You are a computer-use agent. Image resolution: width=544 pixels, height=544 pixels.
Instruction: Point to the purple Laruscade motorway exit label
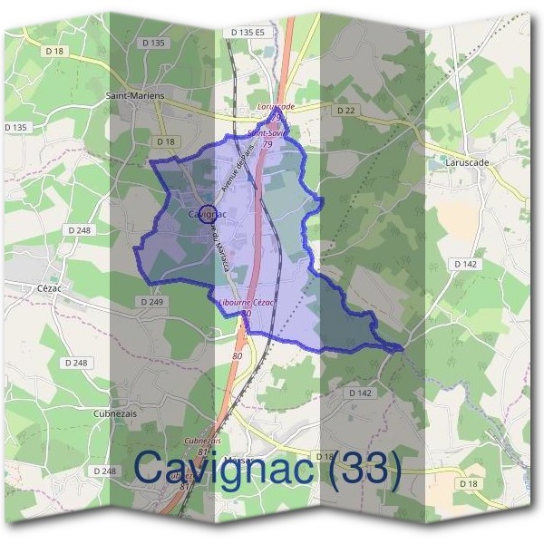277,106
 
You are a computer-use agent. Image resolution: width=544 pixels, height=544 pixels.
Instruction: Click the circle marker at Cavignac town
205,215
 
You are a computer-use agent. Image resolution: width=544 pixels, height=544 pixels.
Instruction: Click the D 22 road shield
345,110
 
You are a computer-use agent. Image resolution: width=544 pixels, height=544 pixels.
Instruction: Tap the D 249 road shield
151,301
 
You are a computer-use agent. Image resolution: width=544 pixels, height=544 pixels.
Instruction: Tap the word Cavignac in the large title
222,470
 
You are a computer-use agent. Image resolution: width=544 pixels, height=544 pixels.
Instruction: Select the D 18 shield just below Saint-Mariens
165,141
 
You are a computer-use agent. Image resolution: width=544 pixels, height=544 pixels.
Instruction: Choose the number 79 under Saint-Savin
267,144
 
